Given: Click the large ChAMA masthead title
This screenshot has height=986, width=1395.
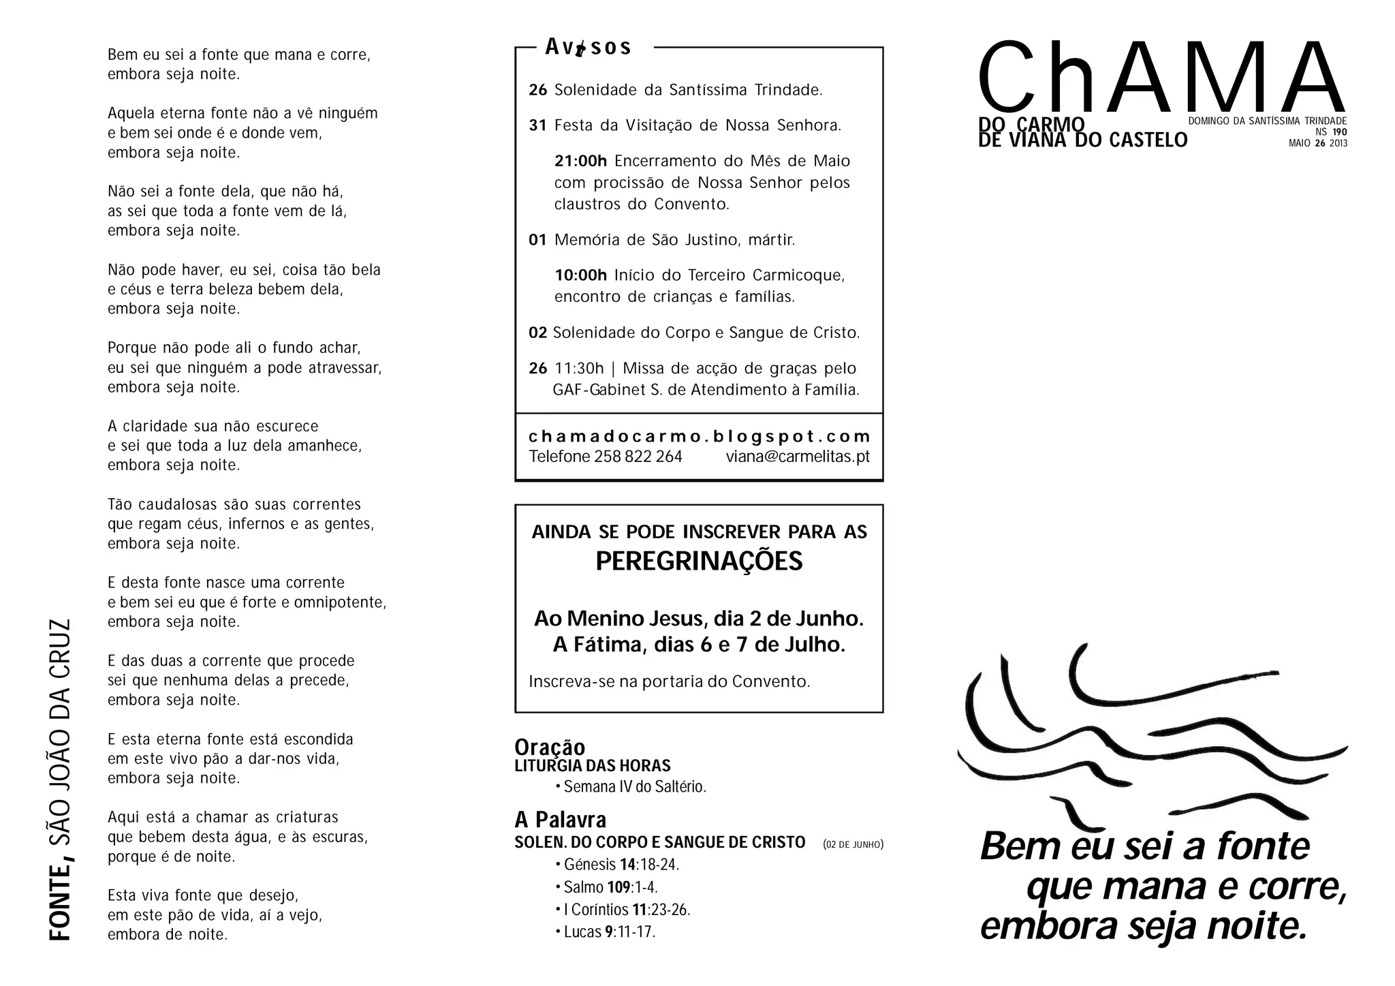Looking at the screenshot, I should (1161, 78).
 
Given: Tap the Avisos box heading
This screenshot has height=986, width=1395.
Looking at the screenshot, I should (589, 47).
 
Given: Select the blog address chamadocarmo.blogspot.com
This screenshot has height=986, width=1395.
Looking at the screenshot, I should (700, 436).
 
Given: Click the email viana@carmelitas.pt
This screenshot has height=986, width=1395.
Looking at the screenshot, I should (798, 457).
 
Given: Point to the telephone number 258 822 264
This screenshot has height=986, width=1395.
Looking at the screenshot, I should (638, 457).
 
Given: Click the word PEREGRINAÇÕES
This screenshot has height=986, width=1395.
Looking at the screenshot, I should (699, 561).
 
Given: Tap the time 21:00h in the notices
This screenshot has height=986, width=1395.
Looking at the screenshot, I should (580, 161).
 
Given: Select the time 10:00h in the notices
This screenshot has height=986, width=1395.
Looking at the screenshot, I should (580, 275).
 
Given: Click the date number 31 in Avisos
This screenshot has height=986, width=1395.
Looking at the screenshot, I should (537, 125).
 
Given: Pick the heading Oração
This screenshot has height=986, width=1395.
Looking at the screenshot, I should (550, 747).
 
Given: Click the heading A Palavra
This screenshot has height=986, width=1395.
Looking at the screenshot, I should (560, 819).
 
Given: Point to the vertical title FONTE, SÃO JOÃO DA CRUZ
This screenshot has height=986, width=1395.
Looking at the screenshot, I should (61, 780).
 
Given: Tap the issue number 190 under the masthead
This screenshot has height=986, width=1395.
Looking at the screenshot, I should (1339, 132).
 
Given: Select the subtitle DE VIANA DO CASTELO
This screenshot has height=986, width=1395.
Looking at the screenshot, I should (1082, 140).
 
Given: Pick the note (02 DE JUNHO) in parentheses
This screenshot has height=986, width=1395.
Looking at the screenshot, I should (853, 845).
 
